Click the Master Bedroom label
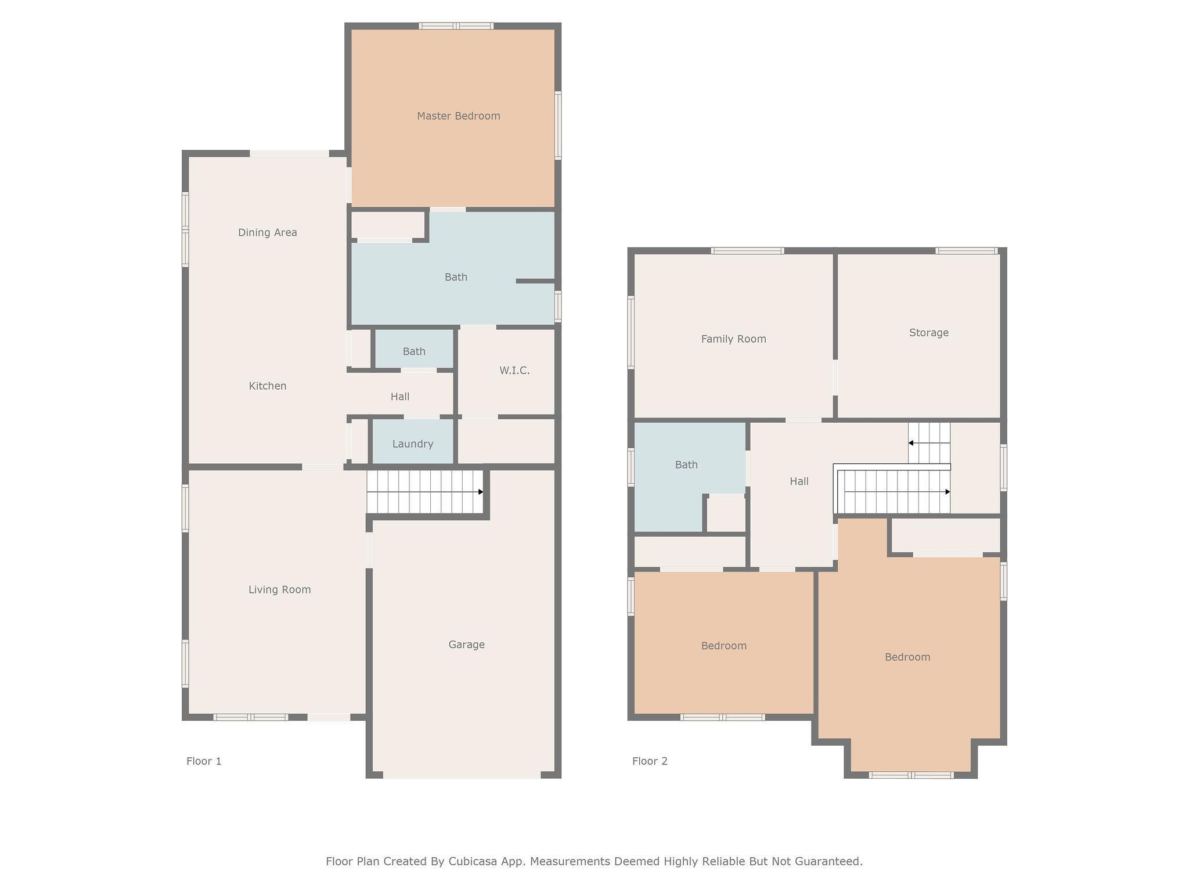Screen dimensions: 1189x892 pyautogui.click(x=459, y=116)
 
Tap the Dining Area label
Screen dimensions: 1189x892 pyautogui.click(x=268, y=232)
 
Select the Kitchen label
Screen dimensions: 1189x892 pyautogui.click(x=268, y=386)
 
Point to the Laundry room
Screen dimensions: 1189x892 pyautogui.click(x=413, y=444)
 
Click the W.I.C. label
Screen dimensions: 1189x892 pyautogui.click(x=514, y=371)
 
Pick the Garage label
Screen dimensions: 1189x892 pyautogui.click(x=467, y=644)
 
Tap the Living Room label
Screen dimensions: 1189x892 pyautogui.click(x=280, y=589)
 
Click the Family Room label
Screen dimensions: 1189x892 pyautogui.click(x=734, y=339)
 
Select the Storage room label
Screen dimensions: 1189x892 pyautogui.click(x=929, y=333)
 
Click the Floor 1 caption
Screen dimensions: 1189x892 pyautogui.click(x=204, y=761)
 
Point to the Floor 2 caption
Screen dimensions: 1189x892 pyautogui.click(x=650, y=761)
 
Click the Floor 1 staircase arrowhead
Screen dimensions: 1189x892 pyautogui.click(x=481, y=492)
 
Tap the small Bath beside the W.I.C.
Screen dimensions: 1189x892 pyautogui.click(x=414, y=351)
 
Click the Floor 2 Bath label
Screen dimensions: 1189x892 pyautogui.click(x=686, y=465)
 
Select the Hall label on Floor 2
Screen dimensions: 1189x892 pyautogui.click(x=799, y=481)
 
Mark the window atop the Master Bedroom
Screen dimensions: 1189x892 pyautogui.click(x=456, y=26)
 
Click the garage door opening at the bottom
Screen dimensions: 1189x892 pyautogui.click(x=462, y=775)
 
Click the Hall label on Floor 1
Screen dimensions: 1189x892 pyautogui.click(x=400, y=397)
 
